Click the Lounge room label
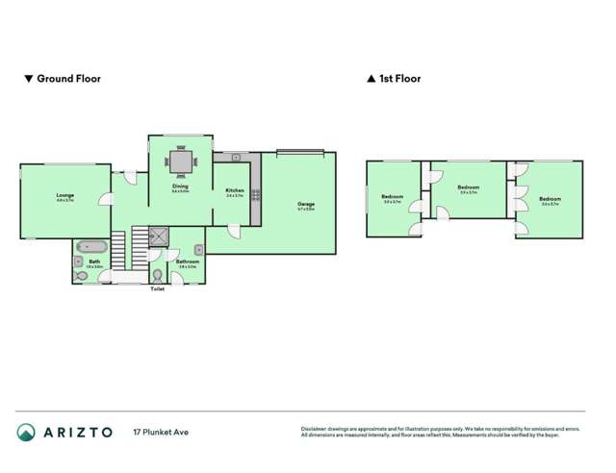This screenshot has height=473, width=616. click(x=64, y=196)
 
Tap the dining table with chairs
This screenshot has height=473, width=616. click(x=180, y=162)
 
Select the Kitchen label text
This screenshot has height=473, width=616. click(x=235, y=191)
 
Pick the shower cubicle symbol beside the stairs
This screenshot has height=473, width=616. click(x=158, y=234)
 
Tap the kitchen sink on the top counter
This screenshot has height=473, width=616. click(x=235, y=157)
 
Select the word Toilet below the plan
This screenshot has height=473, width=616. click(x=158, y=288)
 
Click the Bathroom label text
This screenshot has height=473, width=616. click(x=188, y=261)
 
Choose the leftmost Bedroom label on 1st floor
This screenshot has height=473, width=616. click(x=392, y=198)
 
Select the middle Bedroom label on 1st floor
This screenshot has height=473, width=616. click(x=469, y=187)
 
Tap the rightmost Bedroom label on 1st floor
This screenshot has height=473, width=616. click(x=551, y=200)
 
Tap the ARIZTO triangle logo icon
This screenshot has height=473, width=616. click(x=27, y=433)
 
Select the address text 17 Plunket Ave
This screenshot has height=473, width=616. click(x=160, y=433)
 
